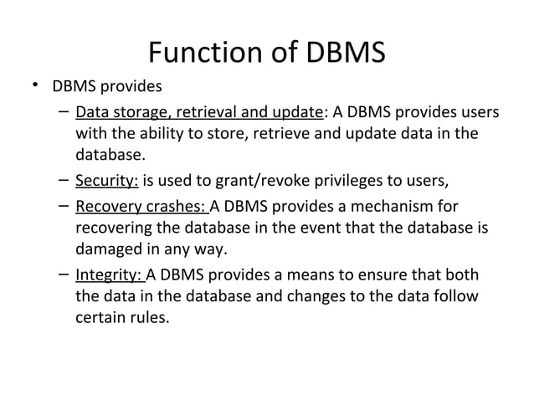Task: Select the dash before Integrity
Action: click(x=64, y=273)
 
